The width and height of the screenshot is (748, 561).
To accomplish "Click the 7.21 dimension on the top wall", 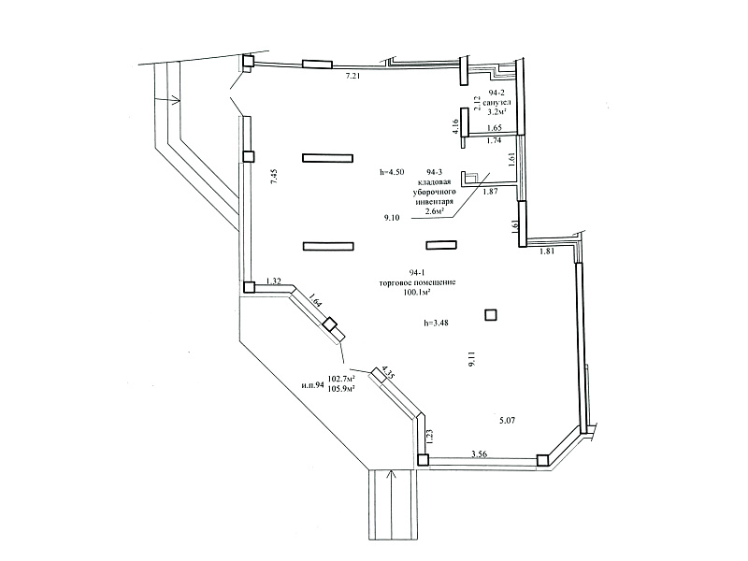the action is point(352,76).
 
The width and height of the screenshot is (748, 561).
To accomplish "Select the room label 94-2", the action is point(496,92).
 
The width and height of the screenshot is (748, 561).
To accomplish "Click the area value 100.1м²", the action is point(417,292).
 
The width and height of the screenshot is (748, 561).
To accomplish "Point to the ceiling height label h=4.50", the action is point(392,172).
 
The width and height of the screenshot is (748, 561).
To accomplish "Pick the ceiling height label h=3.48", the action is point(436,323).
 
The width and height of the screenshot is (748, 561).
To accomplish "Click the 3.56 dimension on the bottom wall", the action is point(479,454).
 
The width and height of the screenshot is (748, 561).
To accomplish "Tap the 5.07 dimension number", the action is point(507,421).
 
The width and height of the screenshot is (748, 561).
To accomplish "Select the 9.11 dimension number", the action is point(472,358).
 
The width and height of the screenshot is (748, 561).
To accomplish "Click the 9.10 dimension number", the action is point(391,218).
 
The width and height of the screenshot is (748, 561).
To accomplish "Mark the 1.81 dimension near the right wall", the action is point(547,252).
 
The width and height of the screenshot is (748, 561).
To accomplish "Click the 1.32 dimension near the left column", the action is point(273,281).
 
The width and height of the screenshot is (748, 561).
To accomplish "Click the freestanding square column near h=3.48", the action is point(491,315).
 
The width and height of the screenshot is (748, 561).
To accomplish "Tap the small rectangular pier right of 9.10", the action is point(441,245).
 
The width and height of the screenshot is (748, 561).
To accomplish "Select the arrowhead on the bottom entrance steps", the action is point(392,475).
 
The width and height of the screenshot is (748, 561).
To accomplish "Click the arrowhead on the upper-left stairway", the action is point(175,100).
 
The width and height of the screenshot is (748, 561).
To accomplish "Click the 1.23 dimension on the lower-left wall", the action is point(429,437).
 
